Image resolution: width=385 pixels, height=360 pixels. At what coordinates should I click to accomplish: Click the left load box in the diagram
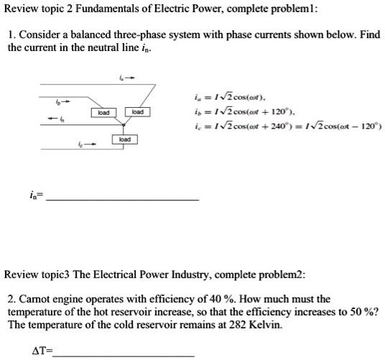(103, 112)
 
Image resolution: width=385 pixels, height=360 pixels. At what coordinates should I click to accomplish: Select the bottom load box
(124, 139)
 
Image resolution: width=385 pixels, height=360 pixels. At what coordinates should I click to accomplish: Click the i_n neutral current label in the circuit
(60, 119)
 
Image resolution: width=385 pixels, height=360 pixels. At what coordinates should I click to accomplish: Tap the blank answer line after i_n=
(122, 199)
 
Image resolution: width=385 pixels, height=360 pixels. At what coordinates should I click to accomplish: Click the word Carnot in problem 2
(37, 299)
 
